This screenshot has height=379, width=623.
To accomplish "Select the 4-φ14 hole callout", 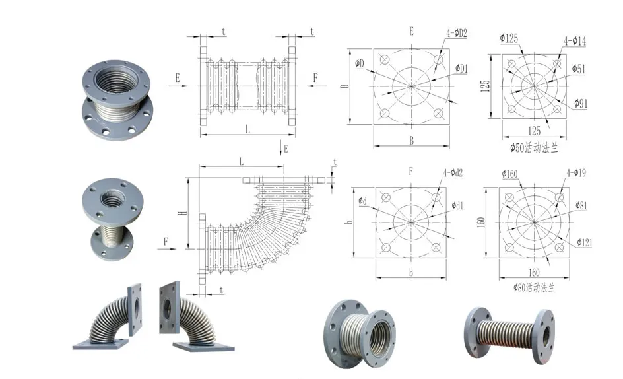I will click(574, 42).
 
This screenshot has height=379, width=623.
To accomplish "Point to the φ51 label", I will click(578, 69).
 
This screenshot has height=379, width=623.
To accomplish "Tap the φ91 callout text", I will click(581, 103).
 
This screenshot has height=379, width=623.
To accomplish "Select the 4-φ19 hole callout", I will click(575, 174).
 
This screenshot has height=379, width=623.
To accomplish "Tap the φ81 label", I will click(581, 205).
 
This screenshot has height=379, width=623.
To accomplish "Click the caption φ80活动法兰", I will click(535, 288).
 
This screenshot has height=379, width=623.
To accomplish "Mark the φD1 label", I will click(461, 69).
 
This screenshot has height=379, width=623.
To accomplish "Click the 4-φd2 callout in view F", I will click(453, 174).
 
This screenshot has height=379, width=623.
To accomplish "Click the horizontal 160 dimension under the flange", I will click(534, 273).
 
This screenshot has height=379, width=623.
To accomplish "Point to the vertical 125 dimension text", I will click(485, 86).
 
